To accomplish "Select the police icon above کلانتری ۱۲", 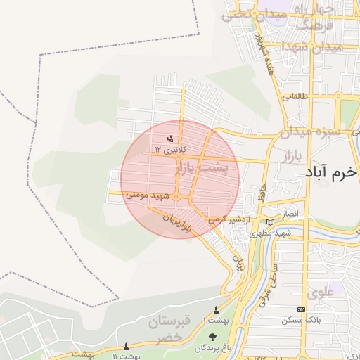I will pos(170,139).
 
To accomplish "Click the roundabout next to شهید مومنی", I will pos(176,196).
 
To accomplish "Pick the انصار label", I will pos(290,212).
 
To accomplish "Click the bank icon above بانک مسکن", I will pos(302,310).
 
